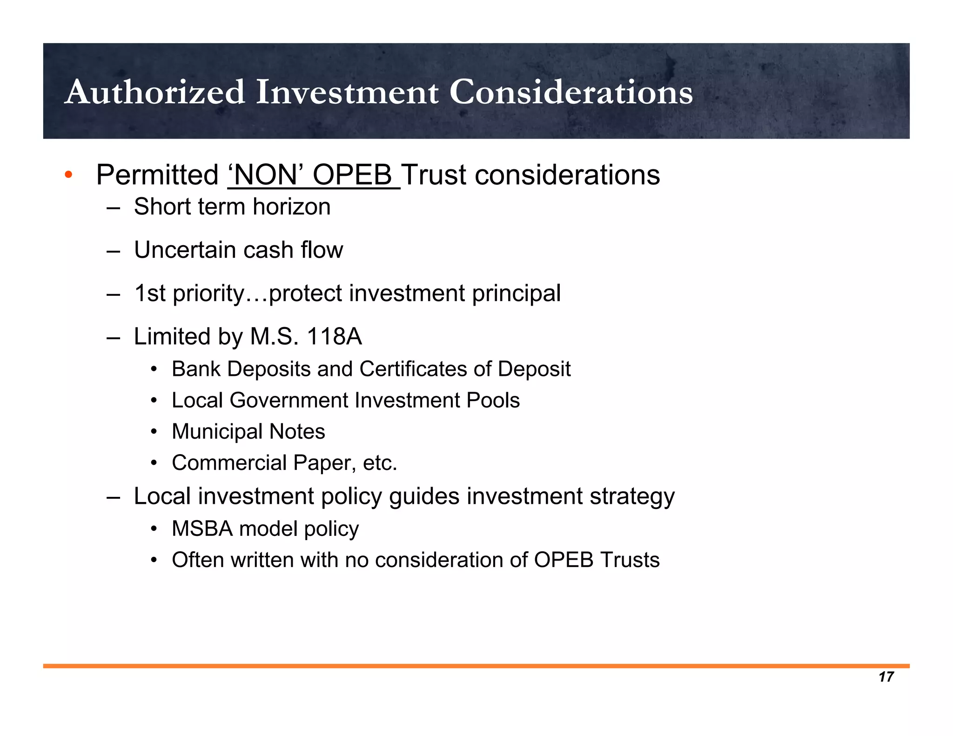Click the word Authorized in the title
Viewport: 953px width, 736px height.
155,92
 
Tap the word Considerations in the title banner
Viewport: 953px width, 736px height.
571,92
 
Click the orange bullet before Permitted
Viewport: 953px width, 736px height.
69,175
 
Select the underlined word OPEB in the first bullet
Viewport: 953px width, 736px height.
352,175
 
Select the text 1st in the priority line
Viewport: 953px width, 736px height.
150,293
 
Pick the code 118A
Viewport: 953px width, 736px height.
334,336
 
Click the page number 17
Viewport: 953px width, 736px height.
886,677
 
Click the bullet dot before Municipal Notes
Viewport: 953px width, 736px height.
154,432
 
